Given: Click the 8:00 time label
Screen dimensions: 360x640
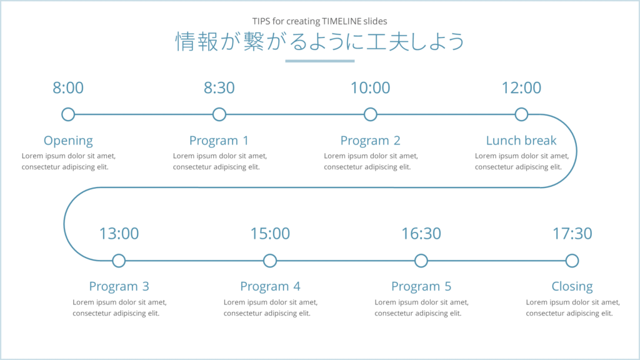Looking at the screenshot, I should click(68, 88).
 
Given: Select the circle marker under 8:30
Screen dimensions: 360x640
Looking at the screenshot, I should click(219, 114).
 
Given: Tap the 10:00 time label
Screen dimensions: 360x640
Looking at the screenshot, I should click(370, 88).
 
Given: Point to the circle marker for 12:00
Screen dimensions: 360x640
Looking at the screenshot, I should click(521, 114).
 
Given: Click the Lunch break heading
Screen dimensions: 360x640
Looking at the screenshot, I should click(521, 141).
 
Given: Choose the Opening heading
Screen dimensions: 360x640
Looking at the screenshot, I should click(68, 141).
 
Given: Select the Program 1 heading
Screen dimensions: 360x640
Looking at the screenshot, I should click(219, 141).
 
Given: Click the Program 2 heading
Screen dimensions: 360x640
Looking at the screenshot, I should click(370, 141).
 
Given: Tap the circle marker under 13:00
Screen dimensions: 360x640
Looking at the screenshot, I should click(119, 261).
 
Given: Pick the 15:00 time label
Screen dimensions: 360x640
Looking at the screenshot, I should click(270, 234).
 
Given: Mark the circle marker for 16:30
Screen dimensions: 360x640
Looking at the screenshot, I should click(421, 261).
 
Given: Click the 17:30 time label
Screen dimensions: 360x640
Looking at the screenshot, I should click(572, 234).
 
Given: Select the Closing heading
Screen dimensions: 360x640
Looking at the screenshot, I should click(572, 287).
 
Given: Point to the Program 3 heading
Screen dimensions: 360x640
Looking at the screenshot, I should click(119, 287).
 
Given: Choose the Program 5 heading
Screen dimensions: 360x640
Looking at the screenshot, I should click(421, 287).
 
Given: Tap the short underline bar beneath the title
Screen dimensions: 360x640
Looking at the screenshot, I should click(320, 61).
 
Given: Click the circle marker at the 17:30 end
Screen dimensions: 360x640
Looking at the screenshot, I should click(572, 261).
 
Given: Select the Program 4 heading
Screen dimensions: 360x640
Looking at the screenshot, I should click(270, 287).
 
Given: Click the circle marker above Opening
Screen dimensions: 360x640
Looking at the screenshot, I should click(68, 114).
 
